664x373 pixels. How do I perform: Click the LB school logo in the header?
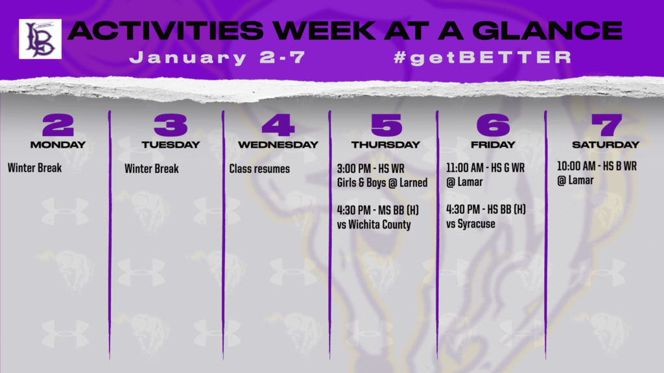(x=40, y=39)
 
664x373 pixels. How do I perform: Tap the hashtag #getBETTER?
(x=482, y=58)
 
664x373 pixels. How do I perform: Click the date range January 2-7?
(x=217, y=58)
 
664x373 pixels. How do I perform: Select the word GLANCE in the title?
(x=547, y=30)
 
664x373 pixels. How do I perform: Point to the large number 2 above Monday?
(x=58, y=125)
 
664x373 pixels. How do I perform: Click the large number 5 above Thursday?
(x=386, y=125)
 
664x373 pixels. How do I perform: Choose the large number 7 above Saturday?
(x=606, y=125)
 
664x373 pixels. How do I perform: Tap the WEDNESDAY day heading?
(x=278, y=144)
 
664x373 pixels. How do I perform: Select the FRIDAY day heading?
(x=493, y=144)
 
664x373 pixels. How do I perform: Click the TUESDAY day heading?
(x=171, y=144)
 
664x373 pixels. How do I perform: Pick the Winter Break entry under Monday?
(x=35, y=168)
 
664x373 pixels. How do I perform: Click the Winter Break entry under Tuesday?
(x=152, y=169)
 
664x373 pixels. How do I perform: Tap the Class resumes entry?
(x=259, y=169)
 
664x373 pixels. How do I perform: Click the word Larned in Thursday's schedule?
(x=413, y=183)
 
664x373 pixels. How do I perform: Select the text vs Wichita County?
(x=374, y=225)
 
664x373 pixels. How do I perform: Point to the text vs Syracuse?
(x=471, y=223)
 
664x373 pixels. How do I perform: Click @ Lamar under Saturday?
(x=575, y=181)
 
